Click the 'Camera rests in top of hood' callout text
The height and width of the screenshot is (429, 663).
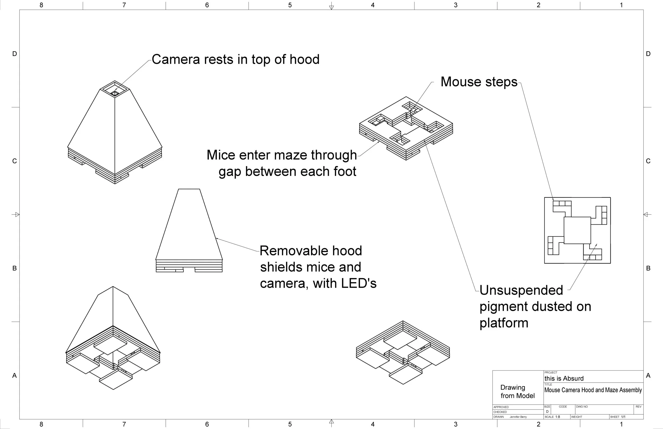(235, 59)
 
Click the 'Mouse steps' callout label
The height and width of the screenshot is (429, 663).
(479, 82)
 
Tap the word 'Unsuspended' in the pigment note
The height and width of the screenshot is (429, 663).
(521, 290)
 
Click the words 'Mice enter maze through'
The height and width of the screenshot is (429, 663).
(281, 155)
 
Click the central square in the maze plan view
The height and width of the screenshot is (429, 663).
(577, 230)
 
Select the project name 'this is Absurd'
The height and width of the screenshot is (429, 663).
(564, 378)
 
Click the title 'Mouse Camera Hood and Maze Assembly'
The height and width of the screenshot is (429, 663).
(593, 390)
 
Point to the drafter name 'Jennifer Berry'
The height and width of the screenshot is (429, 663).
(518, 417)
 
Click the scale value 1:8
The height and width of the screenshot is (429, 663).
(557, 417)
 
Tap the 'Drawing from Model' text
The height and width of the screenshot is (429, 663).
(517, 391)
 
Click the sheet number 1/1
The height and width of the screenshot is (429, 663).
(623, 417)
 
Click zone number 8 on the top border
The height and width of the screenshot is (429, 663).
(41, 5)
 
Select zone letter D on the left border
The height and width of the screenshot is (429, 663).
(15, 54)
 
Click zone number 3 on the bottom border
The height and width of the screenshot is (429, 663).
(455, 424)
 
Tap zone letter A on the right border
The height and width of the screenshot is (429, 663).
(648, 375)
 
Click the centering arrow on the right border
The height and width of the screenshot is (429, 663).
(647, 214)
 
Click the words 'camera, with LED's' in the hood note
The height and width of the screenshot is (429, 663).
(318, 284)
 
